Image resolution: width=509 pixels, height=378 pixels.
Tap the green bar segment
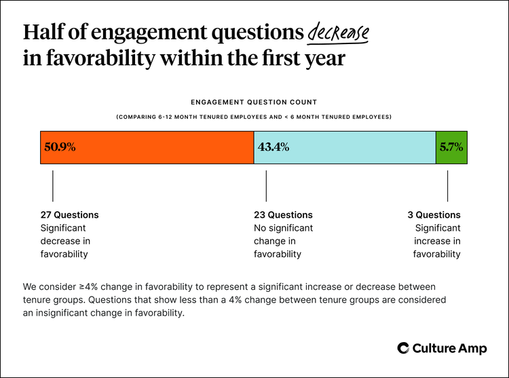tap(451, 147)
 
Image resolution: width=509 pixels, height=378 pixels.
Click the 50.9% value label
tap(60, 147)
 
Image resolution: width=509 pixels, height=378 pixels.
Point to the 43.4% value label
tap(274, 147)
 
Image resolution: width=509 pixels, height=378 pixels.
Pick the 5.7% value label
tap(451, 147)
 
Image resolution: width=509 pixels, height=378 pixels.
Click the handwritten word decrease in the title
tap(338, 32)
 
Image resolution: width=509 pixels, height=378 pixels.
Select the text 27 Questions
tap(69, 215)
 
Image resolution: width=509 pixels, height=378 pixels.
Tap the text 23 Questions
tap(283, 215)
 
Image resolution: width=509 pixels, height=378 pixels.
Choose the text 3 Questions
tap(434, 215)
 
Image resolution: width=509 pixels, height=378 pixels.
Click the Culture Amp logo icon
tap(403, 348)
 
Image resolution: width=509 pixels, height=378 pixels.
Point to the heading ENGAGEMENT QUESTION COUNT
tap(254, 102)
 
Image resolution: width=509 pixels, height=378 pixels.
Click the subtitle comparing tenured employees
tap(254, 117)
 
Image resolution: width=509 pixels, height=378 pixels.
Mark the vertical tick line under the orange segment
tap(53, 185)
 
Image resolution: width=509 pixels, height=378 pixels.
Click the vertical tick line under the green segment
tap(447, 185)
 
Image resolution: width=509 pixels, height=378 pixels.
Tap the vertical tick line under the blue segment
tap(266, 185)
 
